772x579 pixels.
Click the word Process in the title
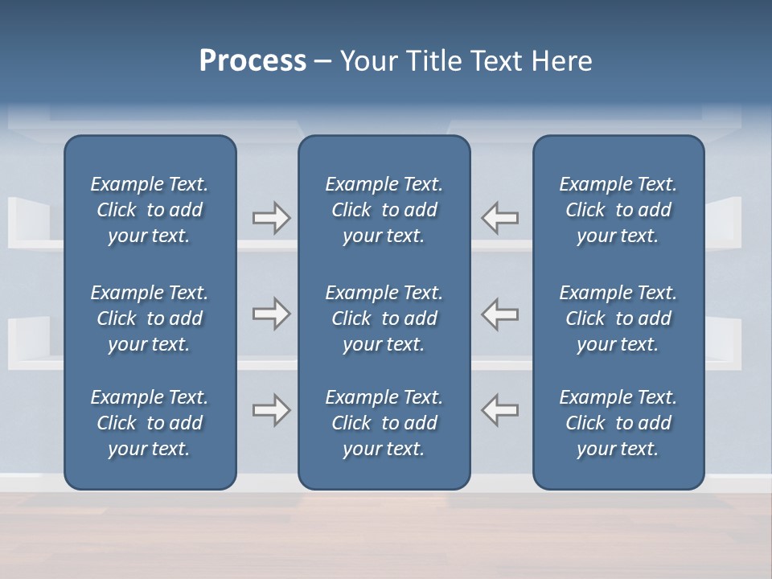[x=253, y=61]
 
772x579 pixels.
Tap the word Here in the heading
[x=561, y=61]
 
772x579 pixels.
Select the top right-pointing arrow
[x=271, y=218]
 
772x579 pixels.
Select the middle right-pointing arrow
[x=271, y=314]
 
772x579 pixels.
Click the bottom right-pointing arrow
[x=271, y=410]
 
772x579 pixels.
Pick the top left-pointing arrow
[x=500, y=218]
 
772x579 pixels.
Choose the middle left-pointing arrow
[x=500, y=314]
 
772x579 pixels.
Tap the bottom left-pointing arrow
[x=500, y=410]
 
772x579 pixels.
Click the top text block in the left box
[x=150, y=210]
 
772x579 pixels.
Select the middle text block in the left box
[x=150, y=318]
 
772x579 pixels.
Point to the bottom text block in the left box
[x=150, y=423]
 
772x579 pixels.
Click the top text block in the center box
[x=384, y=210]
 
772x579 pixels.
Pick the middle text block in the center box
[x=384, y=318]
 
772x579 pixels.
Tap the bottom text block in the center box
[x=384, y=423]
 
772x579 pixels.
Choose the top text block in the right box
[x=618, y=210]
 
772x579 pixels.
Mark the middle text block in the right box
[x=618, y=318]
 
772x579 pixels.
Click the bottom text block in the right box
[x=618, y=423]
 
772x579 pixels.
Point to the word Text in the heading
[x=498, y=61]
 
